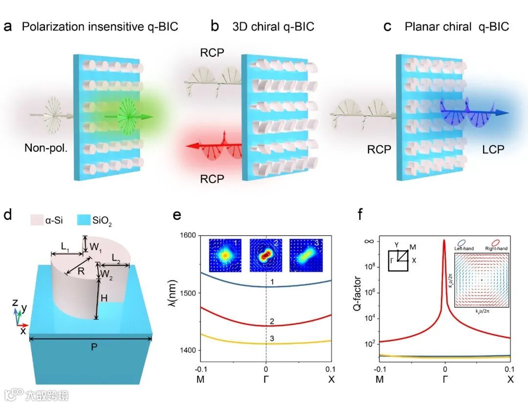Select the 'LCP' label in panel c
[x=493, y=149]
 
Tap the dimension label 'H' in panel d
[x=105, y=298]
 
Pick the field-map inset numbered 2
[x=266, y=255]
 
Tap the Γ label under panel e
[x=266, y=379]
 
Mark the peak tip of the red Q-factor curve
[x=444, y=240]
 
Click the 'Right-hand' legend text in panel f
[x=495, y=249]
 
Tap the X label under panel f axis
[x=510, y=379]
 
